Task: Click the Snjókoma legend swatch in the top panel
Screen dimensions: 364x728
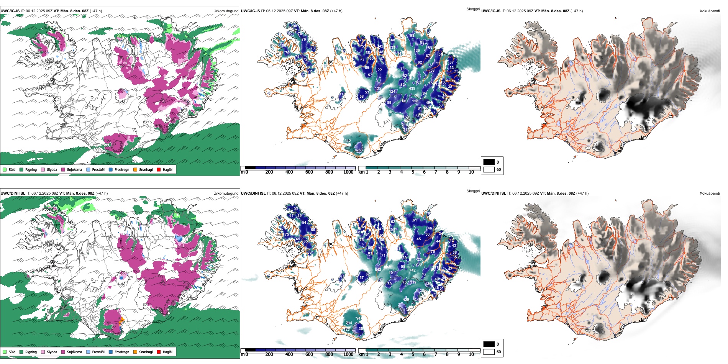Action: pyautogui.click(x=63, y=169)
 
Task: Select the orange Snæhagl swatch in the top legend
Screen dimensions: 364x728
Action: pyautogui.click(x=135, y=169)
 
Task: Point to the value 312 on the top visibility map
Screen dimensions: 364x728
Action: pyautogui.click(x=348, y=141)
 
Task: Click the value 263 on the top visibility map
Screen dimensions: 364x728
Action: pyautogui.click(x=359, y=150)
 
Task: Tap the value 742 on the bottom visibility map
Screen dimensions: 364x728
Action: pyautogui.click(x=412, y=271)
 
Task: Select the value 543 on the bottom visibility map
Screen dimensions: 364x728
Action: pyautogui.click(x=378, y=270)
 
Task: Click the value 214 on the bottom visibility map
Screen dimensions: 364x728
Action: pyautogui.click(x=349, y=323)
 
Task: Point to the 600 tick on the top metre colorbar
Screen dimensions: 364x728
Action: pyautogui.click(x=309, y=172)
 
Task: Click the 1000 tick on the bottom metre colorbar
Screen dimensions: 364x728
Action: pyautogui.click(x=348, y=354)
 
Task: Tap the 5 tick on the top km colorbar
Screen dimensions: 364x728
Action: pyautogui.click(x=413, y=172)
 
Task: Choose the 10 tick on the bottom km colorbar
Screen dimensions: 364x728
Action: pyautogui.click(x=471, y=354)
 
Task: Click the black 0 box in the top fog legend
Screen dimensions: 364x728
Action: pyautogui.click(x=489, y=162)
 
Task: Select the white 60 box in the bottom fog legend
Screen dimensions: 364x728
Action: pyautogui.click(x=489, y=352)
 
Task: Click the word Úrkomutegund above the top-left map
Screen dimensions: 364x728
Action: pyautogui.click(x=226, y=11)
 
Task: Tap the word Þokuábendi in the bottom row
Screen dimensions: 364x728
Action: pyautogui.click(x=710, y=193)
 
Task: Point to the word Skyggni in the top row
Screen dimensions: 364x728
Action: pyautogui.click(x=473, y=9)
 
